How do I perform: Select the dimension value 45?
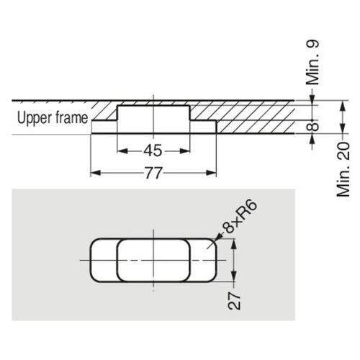click(x=153, y=150)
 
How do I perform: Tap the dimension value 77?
click(x=153, y=174)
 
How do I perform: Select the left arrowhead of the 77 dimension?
click(x=94, y=174)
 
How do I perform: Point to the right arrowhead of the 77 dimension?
click(x=213, y=174)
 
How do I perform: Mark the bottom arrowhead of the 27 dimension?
click(x=234, y=279)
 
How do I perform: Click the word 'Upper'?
click(x=33, y=117)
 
